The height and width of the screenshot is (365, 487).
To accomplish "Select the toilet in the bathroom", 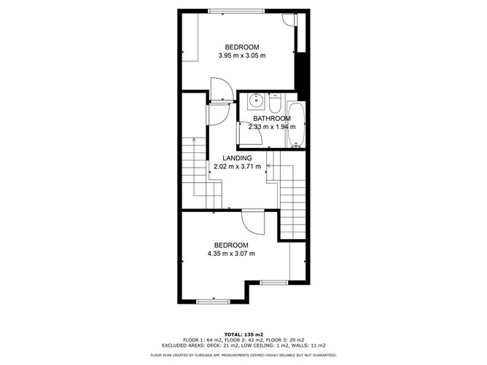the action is [x=275, y=103].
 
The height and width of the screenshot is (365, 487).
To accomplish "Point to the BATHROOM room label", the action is [x=272, y=119].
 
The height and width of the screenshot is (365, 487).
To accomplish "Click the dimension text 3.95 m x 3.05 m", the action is [x=242, y=55].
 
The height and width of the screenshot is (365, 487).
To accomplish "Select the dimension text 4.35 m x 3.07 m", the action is [x=231, y=254].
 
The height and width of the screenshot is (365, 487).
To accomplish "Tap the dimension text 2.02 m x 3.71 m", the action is [x=237, y=167].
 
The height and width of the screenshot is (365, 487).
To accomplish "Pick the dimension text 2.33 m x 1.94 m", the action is [x=272, y=127].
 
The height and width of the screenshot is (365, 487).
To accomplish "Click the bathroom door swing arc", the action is [x=258, y=130].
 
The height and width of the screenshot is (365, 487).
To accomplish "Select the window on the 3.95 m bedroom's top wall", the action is [x=236, y=11].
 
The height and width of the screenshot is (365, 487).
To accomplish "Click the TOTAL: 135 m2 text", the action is [x=243, y=334].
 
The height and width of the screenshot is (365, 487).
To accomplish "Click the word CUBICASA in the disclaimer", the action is [x=204, y=355].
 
